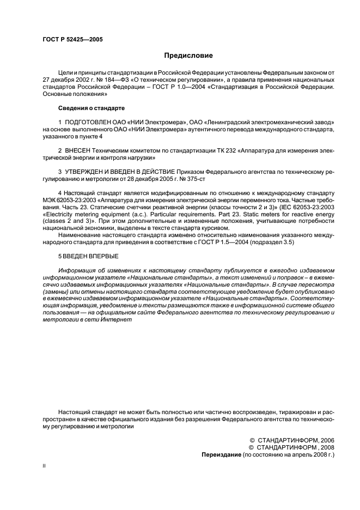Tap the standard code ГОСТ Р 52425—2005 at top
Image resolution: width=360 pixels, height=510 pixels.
[72, 39]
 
